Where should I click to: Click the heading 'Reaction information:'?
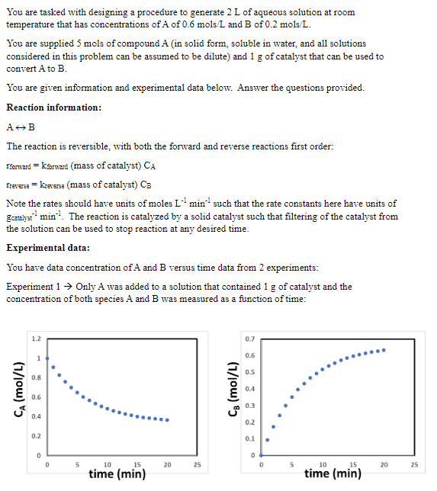point(53,108)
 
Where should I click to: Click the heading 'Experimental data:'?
point(49,248)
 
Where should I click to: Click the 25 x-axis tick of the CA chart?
point(198,464)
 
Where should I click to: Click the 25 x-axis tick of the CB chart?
point(414,464)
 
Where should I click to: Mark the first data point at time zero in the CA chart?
point(47,358)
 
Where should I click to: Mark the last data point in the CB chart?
point(384,350)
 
